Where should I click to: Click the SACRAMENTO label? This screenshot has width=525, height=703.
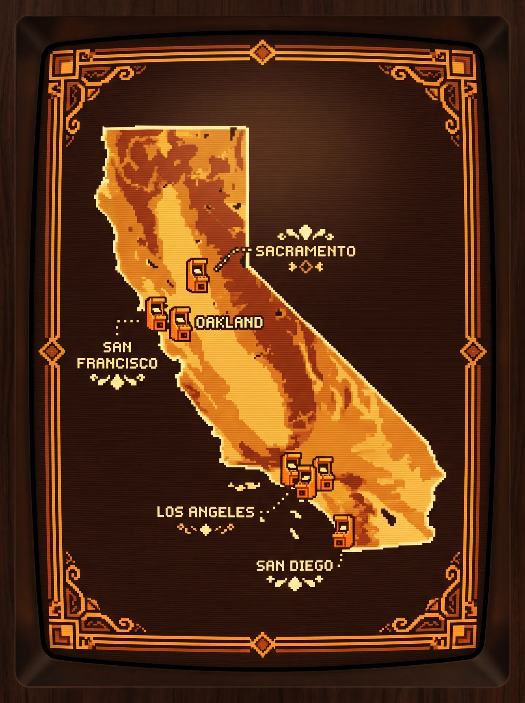tap(305, 251)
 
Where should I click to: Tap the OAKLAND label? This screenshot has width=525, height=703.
tap(229, 323)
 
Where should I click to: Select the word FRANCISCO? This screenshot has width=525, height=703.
tap(117, 363)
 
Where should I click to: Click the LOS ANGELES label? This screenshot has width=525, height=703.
tap(205, 512)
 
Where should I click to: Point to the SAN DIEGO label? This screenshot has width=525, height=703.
tap(294, 566)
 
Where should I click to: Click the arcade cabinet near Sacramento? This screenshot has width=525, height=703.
tap(197, 275)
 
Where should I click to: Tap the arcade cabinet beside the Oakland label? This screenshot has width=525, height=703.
tap(180, 324)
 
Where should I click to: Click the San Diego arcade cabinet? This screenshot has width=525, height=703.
tap(343, 531)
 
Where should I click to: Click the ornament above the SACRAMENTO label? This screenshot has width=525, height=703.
tap(305, 233)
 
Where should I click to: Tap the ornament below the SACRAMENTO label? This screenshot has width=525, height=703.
tap(306, 267)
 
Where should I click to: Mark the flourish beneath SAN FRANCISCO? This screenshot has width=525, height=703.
tap(117, 380)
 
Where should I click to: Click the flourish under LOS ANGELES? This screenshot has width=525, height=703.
tap(205, 529)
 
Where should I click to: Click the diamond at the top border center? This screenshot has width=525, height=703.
tap(262, 52)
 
